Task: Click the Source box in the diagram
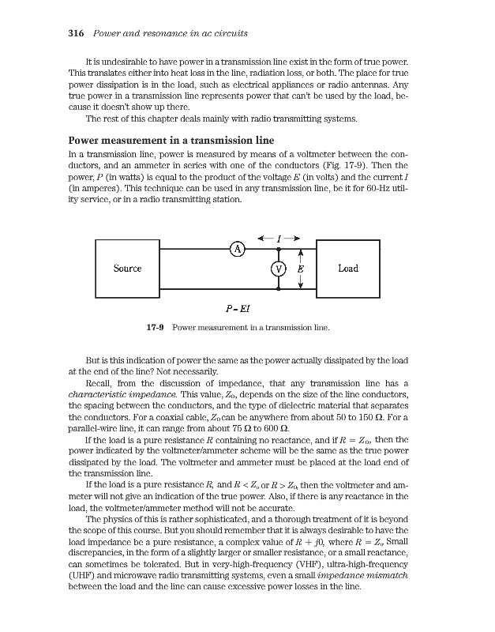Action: coord(127,269)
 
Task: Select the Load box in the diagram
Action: coord(347,269)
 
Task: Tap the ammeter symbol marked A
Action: coord(235,250)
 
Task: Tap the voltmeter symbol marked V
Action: coord(278,269)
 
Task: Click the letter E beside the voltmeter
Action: coord(301,269)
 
